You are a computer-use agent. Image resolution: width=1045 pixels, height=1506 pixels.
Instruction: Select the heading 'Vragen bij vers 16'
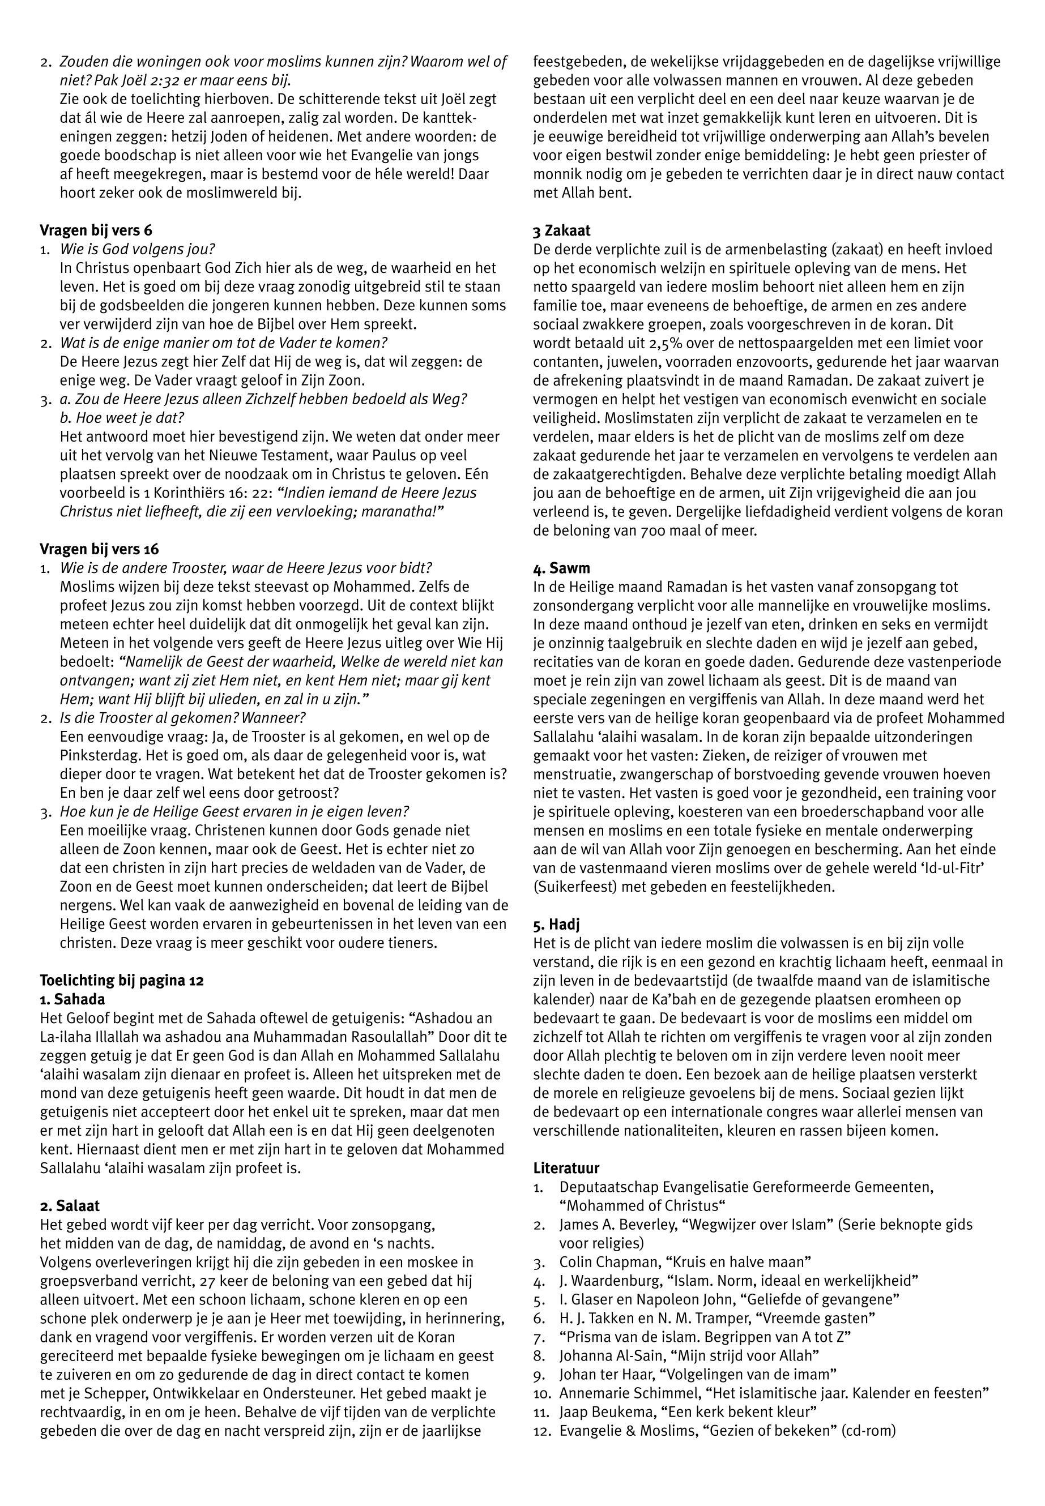pyautogui.click(x=99, y=549)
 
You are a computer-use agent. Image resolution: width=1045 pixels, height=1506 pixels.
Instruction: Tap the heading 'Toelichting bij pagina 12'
pyautogui.click(x=122, y=981)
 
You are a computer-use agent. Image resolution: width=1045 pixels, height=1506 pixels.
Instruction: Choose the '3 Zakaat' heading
pyautogui.click(x=561, y=230)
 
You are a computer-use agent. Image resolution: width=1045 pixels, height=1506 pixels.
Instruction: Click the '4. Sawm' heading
pyautogui.click(x=561, y=568)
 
